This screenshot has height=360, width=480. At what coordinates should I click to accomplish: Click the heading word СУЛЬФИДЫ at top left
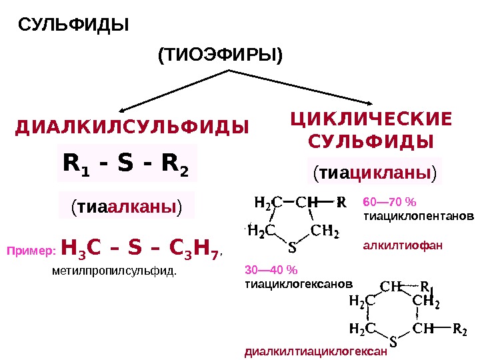[73, 25]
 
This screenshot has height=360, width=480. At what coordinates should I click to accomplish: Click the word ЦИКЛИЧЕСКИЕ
[371, 119]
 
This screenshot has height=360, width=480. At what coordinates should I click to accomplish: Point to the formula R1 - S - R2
[126, 162]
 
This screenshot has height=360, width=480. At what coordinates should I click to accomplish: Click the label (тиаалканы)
[127, 206]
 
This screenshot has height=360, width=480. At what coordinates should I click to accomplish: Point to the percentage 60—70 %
[389, 201]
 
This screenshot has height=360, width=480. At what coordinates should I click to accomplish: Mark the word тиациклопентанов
[419, 217]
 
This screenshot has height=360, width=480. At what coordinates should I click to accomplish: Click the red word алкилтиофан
[402, 245]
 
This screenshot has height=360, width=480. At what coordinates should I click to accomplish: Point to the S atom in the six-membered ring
[392, 343]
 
